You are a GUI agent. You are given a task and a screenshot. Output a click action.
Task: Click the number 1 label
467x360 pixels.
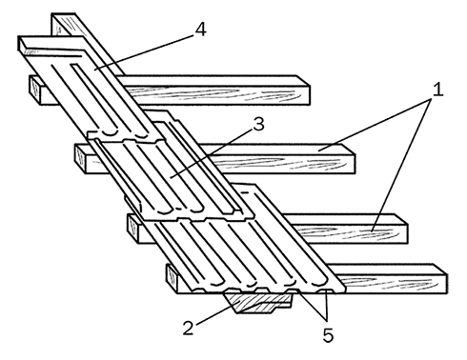click(x=438, y=90)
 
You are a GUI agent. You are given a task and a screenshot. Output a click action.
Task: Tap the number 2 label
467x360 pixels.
click(x=188, y=329)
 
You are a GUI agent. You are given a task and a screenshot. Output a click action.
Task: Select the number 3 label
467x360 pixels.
click(x=259, y=125)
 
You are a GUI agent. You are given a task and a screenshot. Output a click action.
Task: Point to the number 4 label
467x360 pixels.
click(x=200, y=30)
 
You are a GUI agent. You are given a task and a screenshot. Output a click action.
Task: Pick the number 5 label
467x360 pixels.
click(x=328, y=335)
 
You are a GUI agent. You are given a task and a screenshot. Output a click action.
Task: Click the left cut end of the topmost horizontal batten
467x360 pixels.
click(x=34, y=90)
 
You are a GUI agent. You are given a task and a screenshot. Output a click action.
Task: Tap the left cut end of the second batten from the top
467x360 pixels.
click(x=80, y=158)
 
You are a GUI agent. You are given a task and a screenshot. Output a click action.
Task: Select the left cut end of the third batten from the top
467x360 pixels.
click(x=133, y=229)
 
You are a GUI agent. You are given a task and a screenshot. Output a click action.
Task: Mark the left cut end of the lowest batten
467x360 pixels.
click(x=172, y=278)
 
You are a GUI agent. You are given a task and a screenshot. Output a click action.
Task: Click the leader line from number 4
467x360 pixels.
click(x=144, y=51)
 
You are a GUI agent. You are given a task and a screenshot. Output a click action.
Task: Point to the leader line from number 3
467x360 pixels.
click(x=212, y=152)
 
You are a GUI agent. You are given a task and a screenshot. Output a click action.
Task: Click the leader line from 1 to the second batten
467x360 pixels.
click(x=376, y=124)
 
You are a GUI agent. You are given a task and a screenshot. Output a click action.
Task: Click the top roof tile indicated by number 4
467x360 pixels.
click(x=92, y=90)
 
